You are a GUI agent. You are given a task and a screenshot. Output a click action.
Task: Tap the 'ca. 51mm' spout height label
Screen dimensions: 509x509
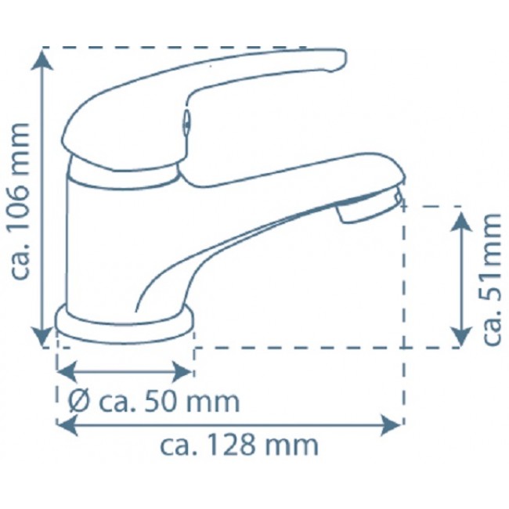[x=492, y=279]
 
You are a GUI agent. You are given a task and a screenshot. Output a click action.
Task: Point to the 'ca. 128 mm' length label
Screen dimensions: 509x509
[x=240, y=446]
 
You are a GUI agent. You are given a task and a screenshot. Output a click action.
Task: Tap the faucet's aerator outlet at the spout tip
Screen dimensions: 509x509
[x=368, y=205]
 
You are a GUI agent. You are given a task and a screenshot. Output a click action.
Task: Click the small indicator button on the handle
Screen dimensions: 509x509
[x=186, y=122]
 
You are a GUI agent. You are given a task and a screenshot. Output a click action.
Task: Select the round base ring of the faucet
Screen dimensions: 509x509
[x=125, y=326]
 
